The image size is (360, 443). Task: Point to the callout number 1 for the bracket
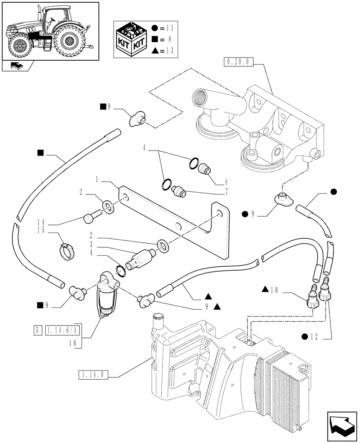96,181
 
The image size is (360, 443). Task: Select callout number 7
227,192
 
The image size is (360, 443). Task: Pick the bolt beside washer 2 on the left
90,218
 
